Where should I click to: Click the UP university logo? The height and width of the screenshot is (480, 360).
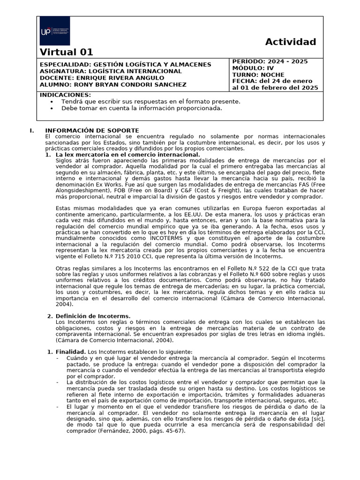pyautogui.click(x=55, y=31)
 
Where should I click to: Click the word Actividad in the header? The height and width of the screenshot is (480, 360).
pyautogui.click(x=291, y=42)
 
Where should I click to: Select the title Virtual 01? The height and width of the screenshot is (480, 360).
pyautogui.click(x=67, y=52)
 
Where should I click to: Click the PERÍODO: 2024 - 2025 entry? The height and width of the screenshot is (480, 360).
pyautogui.click(x=270, y=61)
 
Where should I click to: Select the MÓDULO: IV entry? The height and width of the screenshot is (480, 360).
pyautogui.click(x=253, y=68)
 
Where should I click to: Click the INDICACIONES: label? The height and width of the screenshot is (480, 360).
pyautogui.click(x=65, y=95)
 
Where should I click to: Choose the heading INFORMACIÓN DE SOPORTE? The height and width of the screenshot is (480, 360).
pyautogui.click(x=91, y=130)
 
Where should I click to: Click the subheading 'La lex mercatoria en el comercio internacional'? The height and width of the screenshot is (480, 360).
pyautogui.click(x=127, y=154)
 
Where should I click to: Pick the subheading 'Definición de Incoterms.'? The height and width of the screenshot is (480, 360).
pyautogui.click(x=93, y=316)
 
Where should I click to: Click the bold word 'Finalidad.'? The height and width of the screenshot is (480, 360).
pyautogui.click(x=70, y=352)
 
